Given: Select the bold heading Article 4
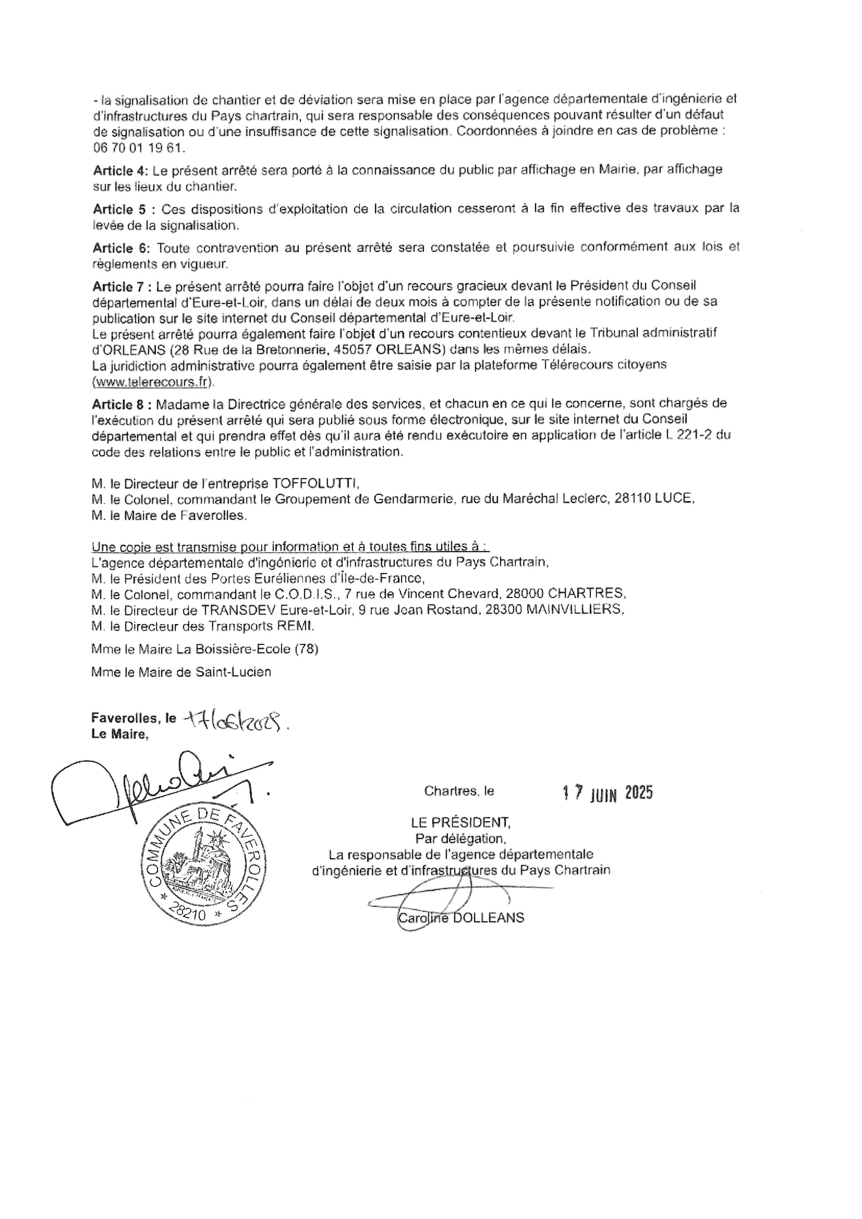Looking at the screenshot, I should pyautogui.click(x=121, y=171).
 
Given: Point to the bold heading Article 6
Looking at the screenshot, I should pyautogui.click(x=122, y=248).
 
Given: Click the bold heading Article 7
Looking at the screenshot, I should pyautogui.click(x=122, y=287).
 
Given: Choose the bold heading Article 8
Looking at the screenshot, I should pyautogui.click(x=122, y=405).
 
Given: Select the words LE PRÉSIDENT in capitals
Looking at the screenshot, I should pyautogui.click(x=460, y=823).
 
